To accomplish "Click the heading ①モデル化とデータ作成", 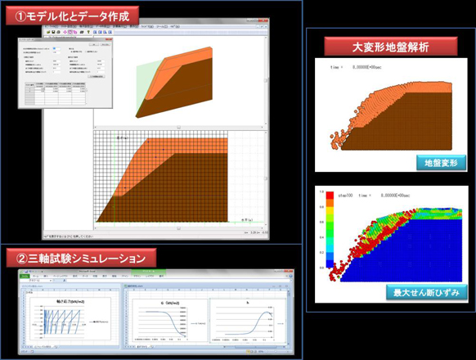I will coord(70,15).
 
